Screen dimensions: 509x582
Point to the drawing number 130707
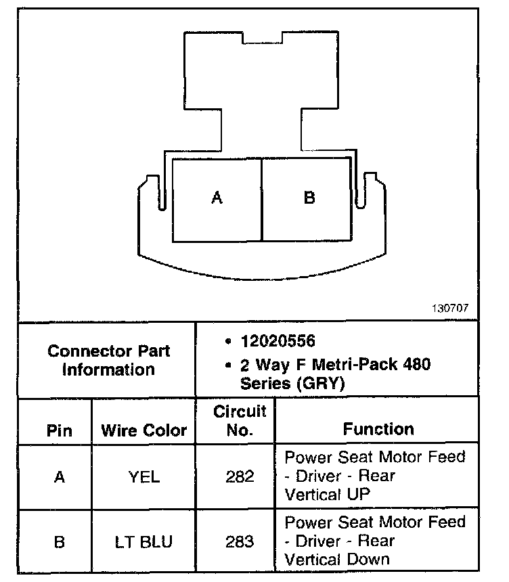point(449,308)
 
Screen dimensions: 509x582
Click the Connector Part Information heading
point(109,361)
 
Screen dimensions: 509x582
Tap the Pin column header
point(59,430)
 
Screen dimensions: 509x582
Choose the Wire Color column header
point(143,430)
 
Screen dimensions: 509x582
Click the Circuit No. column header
point(240,421)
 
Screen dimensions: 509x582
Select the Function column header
point(378,429)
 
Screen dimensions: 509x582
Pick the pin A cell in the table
point(59,477)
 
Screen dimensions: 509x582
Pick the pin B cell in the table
point(59,542)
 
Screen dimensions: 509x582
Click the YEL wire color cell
point(143,477)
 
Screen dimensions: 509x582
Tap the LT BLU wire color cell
point(143,542)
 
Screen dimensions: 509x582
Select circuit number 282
point(240,477)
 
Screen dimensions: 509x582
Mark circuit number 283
point(240,542)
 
